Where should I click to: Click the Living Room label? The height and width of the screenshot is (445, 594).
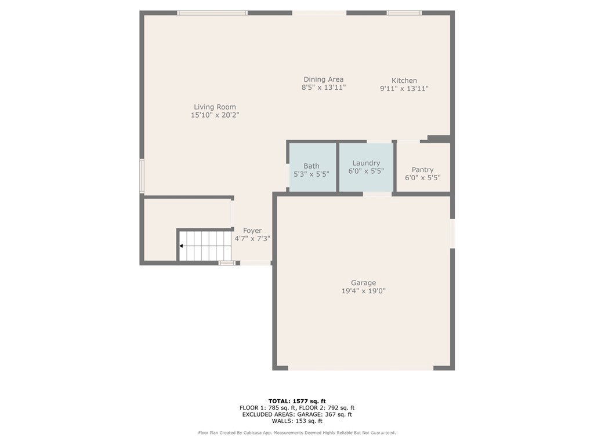(215, 107)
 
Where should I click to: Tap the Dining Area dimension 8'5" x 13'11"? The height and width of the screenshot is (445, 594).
(323, 88)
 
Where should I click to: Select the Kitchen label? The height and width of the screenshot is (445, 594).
(404, 81)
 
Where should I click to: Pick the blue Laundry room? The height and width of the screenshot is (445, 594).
(366, 168)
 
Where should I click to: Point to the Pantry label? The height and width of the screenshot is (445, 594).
(422, 170)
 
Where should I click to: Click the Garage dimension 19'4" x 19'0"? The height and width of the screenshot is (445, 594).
(363, 291)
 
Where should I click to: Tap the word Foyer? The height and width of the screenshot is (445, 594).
(252, 231)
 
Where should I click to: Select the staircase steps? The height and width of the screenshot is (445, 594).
(206, 246)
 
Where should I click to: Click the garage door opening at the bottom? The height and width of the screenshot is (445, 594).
(360, 367)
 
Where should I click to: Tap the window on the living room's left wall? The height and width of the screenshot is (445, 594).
(142, 176)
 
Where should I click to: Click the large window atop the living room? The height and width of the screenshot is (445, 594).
(212, 12)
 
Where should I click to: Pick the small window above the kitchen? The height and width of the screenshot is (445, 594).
(404, 12)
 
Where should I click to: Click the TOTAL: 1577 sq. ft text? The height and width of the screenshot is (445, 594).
(296, 401)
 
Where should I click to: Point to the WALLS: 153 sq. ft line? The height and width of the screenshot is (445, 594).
(296, 421)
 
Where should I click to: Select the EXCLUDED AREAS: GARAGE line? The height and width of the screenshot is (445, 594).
(296, 414)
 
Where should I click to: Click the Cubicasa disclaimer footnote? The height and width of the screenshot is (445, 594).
(296, 433)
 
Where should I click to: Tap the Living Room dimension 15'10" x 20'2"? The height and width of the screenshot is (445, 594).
(215, 115)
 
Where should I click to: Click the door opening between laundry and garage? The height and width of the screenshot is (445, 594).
(377, 194)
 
